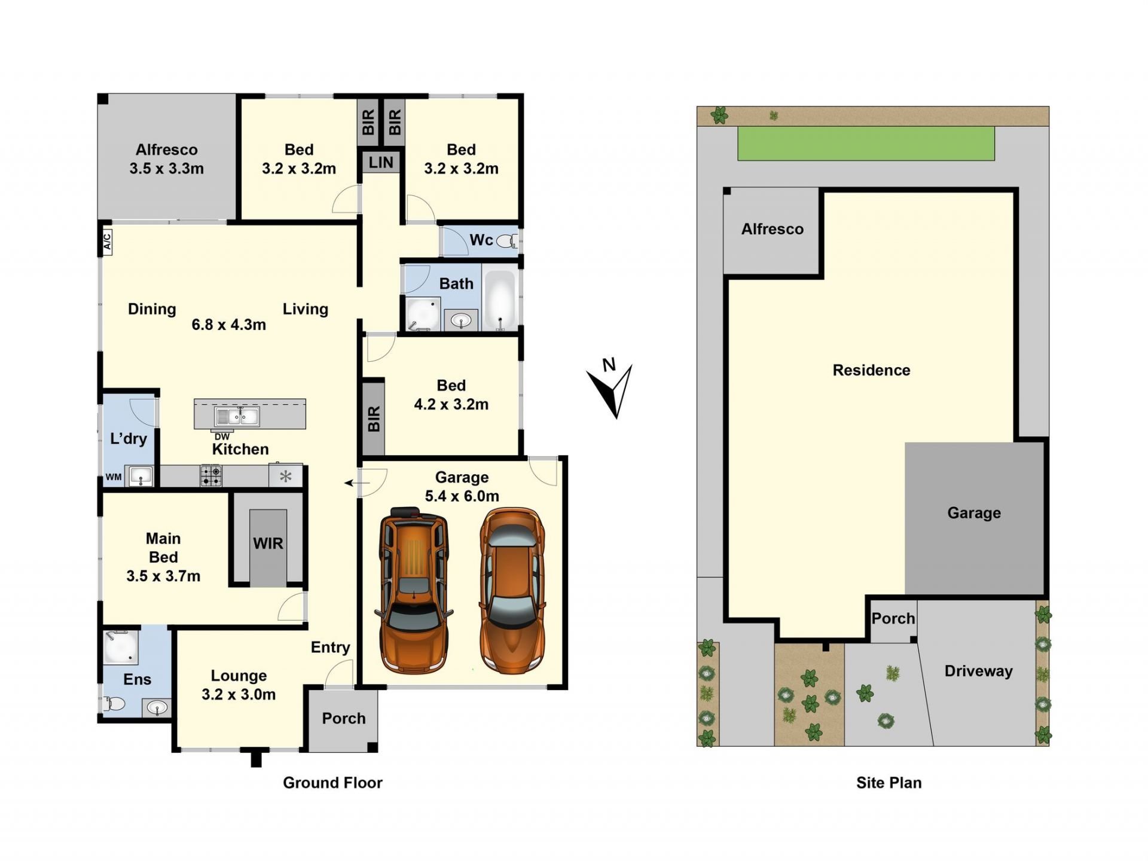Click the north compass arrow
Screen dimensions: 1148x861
pyautogui.click(x=613, y=392)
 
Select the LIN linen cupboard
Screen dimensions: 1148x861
pyautogui.click(x=381, y=162)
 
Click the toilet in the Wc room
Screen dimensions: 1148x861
pyautogui.click(x=508, y=241)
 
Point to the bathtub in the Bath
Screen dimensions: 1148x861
pyautogui.click(x=500, y=300)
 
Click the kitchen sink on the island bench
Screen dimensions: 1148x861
pyautogui.click(x=237, y=416)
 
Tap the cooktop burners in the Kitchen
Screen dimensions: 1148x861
pyautogui.click(x=210, y=476)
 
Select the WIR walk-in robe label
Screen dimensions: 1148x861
pyautogui.click(x=268, y=544)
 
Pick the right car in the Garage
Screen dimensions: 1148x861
pyautogui.click(x=512, y=590)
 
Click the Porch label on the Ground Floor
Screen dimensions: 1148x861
pyautogui.click(x=344, y=718)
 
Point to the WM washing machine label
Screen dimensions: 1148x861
pyautogui.click(x=114, y=477)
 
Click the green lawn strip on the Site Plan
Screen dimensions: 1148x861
pyautogui.click(x=866, y=143)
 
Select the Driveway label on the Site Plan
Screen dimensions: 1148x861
pyautogui.click(x=979, y=671)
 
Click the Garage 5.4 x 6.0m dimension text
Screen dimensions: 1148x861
pyautogui.click(x=462, y=496)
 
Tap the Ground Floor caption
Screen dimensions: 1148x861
pyautogui.click(x=332, y=783)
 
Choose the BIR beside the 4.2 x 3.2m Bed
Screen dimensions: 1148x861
pyautogui.click(x=374, y=418)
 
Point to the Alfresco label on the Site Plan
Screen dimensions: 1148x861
pyautogui.click(x=773, y=229)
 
